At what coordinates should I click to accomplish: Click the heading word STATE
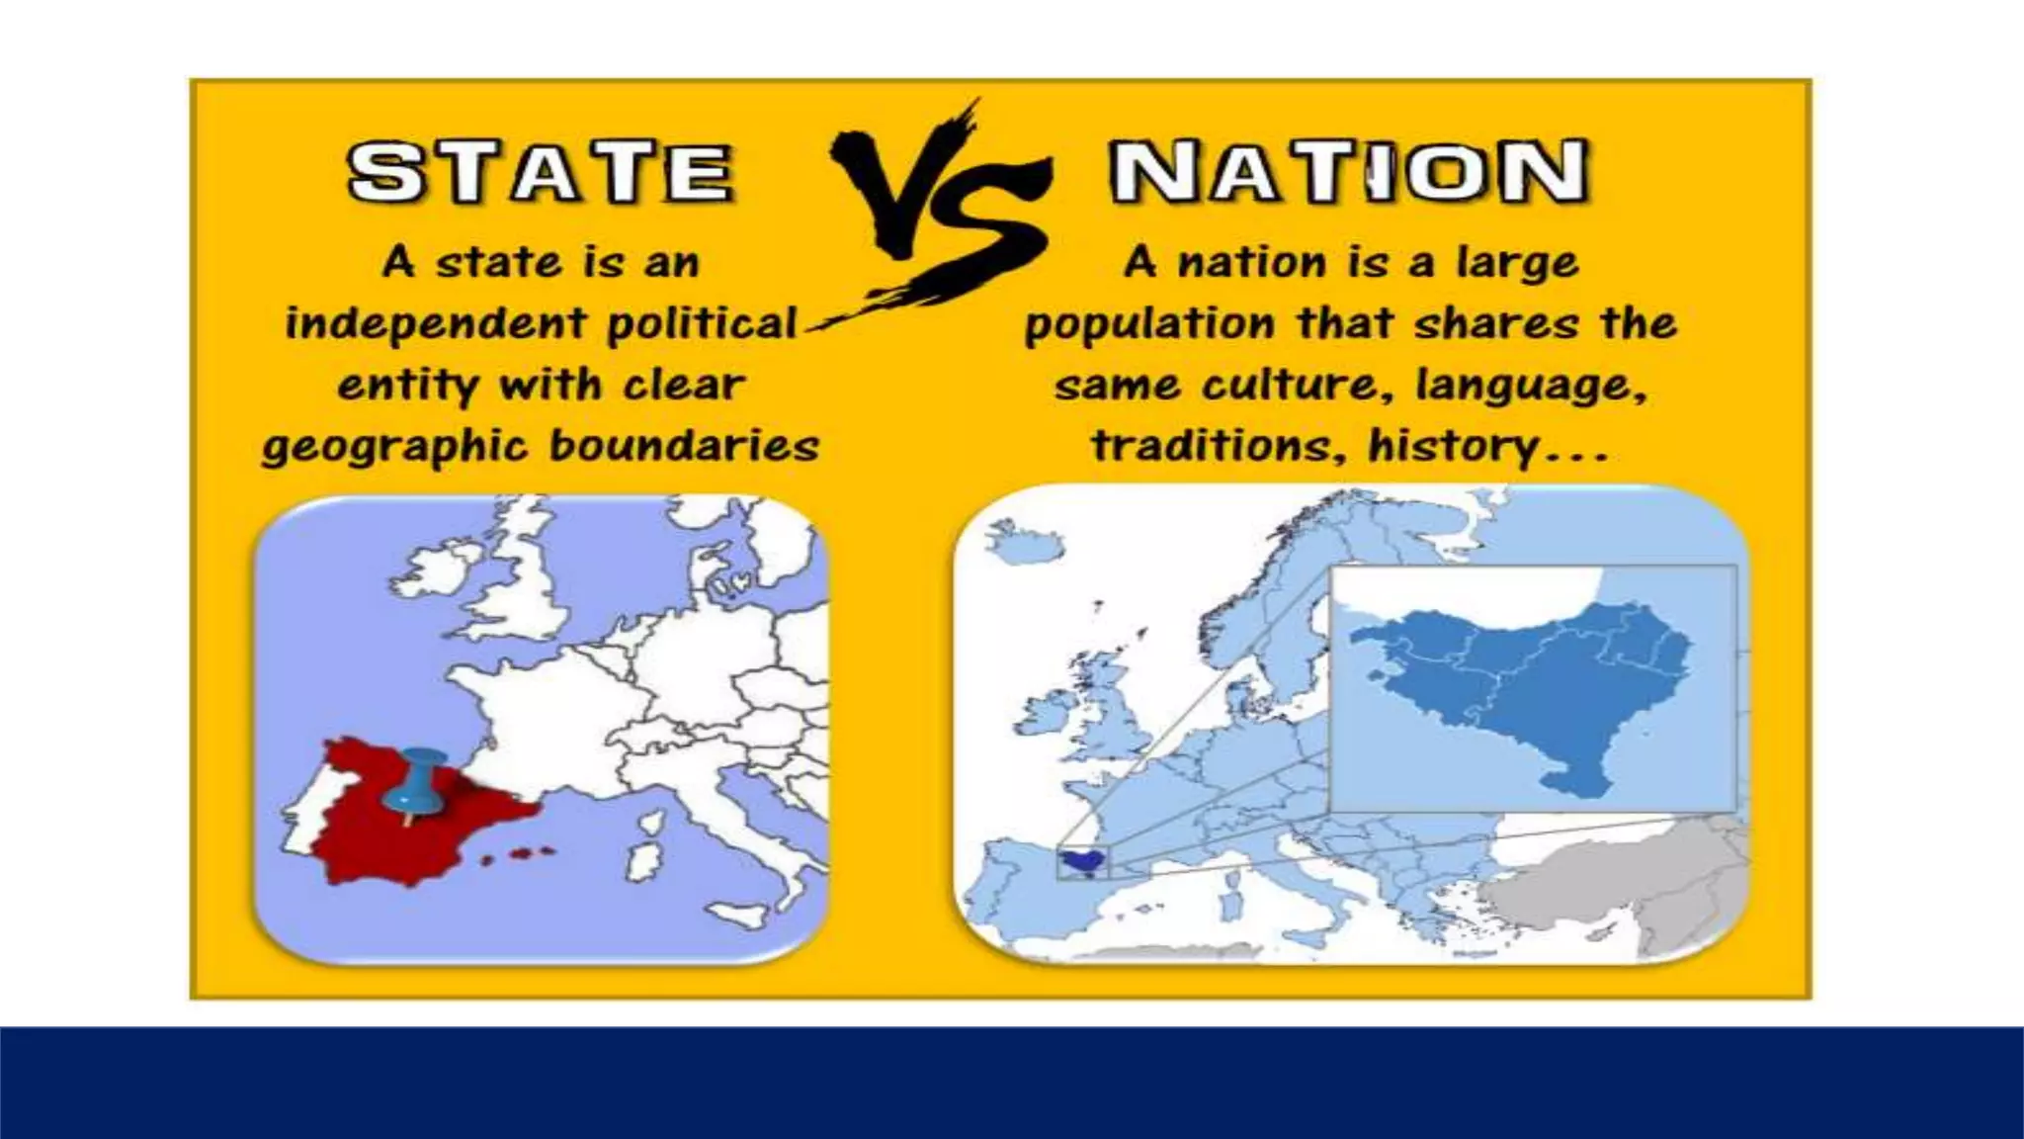[540, 173]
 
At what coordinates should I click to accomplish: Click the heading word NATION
[1349, 172]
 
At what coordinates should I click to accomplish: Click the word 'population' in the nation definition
[1149, 324]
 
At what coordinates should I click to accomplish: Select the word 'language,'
[1531, 385]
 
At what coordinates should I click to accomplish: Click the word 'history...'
[1488, 446]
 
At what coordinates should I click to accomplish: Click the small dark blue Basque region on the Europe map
[1081, 862]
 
